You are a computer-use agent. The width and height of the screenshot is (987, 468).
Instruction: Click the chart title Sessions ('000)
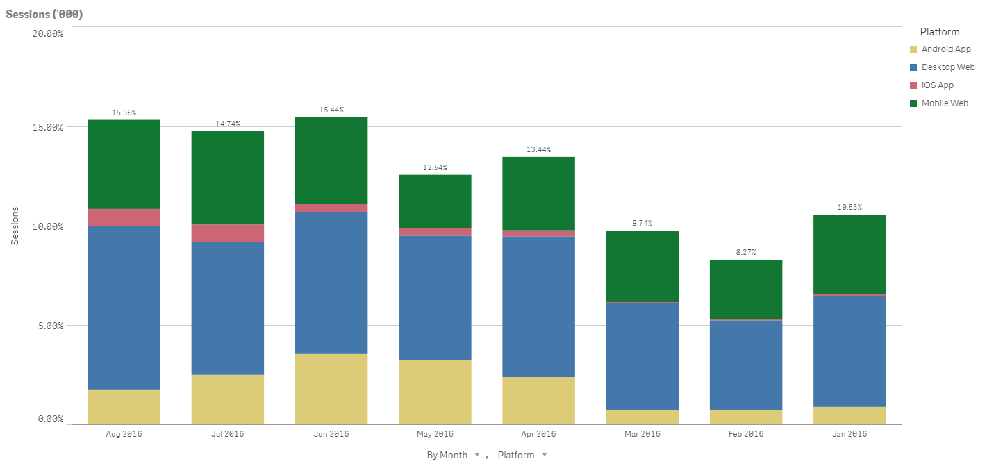pos(44,15)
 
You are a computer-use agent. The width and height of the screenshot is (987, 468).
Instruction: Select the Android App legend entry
pos(945,49)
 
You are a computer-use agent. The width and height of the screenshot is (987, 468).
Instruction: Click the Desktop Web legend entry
pos(947,67)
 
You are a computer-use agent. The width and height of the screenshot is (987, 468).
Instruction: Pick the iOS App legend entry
pos(937,85)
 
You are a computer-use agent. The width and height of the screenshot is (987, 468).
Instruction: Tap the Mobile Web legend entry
pos(944,103)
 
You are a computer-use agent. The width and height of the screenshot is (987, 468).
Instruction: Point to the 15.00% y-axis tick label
pos(49,127)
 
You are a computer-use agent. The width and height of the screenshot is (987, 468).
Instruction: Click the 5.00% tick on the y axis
pos(51,326)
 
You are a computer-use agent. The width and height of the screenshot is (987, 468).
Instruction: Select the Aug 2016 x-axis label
pos(124,434)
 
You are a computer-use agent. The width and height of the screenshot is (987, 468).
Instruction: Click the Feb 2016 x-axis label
pos(746,434)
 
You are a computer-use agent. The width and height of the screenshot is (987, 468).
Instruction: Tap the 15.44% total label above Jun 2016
pos(331,110)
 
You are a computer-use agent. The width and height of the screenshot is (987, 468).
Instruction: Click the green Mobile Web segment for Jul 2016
pos(228,177)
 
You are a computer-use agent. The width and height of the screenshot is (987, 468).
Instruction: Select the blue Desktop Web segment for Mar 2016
pos(642,356)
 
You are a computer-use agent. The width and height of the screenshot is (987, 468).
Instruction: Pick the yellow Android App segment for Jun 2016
pos(331,389)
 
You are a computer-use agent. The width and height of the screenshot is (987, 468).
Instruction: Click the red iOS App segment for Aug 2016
pos(124,217)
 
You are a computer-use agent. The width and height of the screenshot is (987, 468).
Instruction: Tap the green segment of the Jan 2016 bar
pos(849,254)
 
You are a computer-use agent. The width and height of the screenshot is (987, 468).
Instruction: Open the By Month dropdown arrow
pos(477,455)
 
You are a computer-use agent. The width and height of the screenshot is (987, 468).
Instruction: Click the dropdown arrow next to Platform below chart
pos(545,455)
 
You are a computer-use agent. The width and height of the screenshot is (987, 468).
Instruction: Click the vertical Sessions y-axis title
pos(15,225)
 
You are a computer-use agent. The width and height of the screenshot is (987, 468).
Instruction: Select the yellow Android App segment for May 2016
pos(435,392)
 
